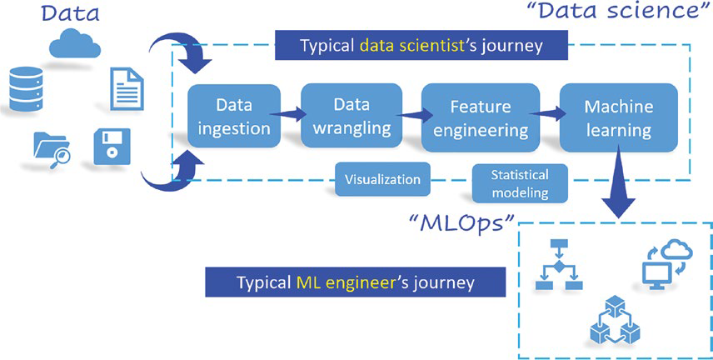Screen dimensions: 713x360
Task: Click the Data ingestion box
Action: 234,116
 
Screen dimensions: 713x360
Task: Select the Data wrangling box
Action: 352,116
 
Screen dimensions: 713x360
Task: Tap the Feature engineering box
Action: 481,117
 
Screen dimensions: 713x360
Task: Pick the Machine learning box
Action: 618,117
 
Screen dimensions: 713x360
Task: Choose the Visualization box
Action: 382,179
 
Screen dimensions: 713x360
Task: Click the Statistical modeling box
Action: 521,183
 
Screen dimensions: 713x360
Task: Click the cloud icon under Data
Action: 75,42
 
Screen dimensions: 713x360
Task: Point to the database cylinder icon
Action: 26,88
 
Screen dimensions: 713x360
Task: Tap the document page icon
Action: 127,88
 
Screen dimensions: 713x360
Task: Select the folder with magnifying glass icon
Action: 52,150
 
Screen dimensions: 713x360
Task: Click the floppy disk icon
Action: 112,147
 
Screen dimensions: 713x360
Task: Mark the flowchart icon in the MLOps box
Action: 559,264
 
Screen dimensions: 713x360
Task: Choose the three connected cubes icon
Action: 615,319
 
